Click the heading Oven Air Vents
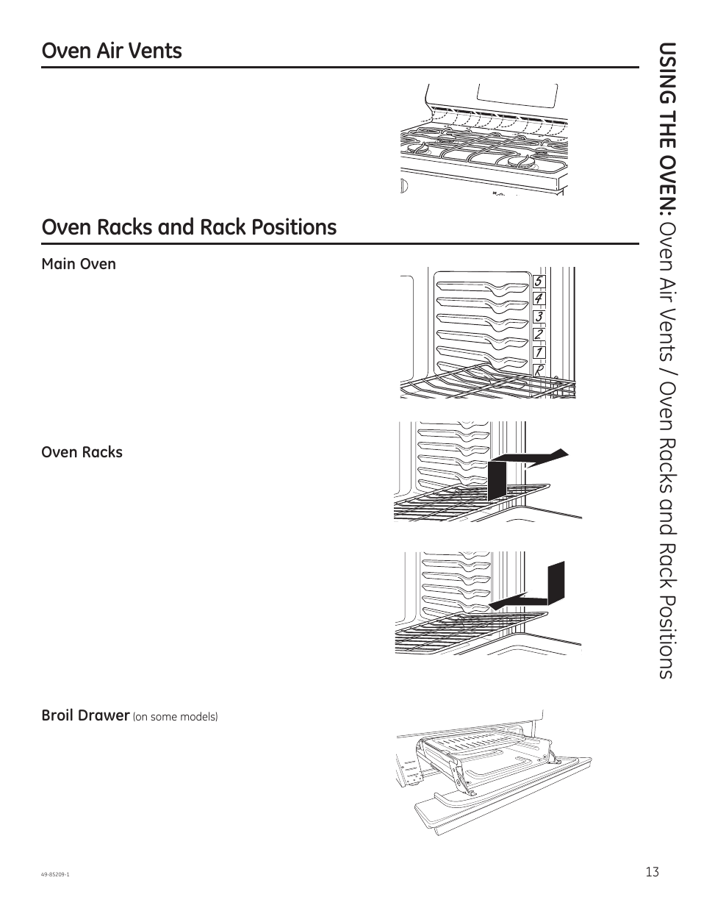click(x=112, y=51)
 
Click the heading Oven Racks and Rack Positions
click(x=189, y=227)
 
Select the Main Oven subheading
click(x=79, y=264)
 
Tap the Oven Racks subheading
click(x=82, y=452)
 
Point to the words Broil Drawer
click(x=85, y=715)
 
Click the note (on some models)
click(x=175, y=717)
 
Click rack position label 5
click(x=539, y=282)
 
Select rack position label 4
click(x=539, y=299)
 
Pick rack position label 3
click(x=539, y=317)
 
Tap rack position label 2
click(x=539, y=335)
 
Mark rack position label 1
click(x=539, y=353)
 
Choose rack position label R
click(x=539, y=371)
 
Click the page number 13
click(x=653, y=872)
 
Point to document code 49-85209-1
click(x=56, y=874)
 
